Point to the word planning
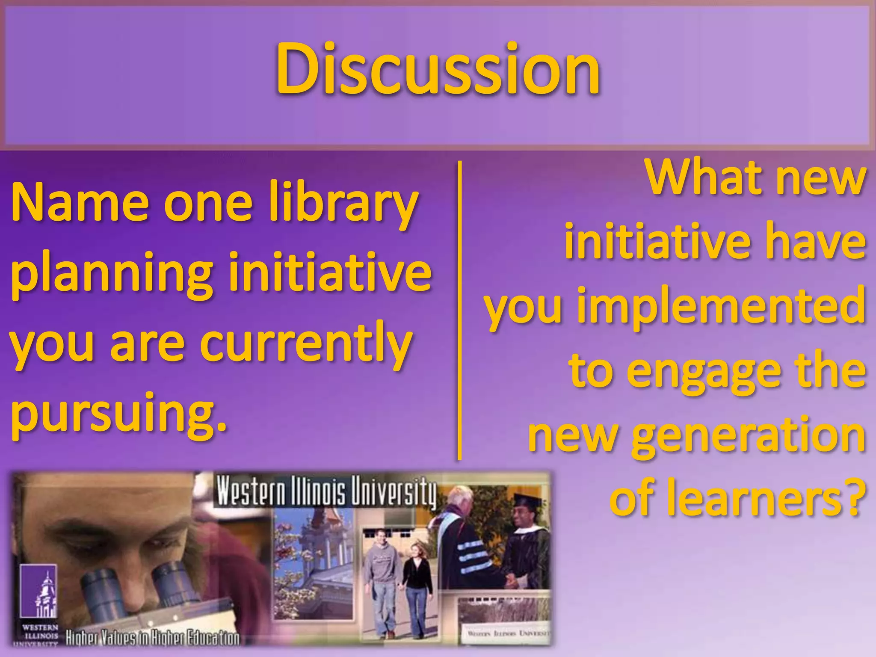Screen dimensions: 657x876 (111, 274)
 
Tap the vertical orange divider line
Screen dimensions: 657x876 (460, 310)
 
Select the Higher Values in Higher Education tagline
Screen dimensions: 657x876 (152, 639)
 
